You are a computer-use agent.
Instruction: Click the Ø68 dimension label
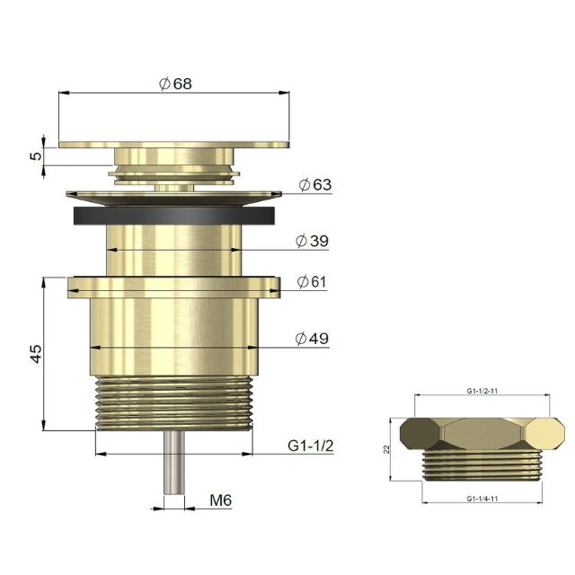(x=175, y=83)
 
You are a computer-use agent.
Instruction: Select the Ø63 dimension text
(x=314, y=185)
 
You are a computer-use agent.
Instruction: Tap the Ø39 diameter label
(x=312, y=241)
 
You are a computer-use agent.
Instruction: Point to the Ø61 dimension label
(x=312, y=282)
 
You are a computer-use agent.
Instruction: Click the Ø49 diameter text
(x=312, y=339)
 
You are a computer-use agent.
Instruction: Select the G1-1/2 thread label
(x=311, y=445)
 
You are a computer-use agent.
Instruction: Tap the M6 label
(x=221, y=500)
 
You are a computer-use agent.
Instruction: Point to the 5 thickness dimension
(x=35, y=155)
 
